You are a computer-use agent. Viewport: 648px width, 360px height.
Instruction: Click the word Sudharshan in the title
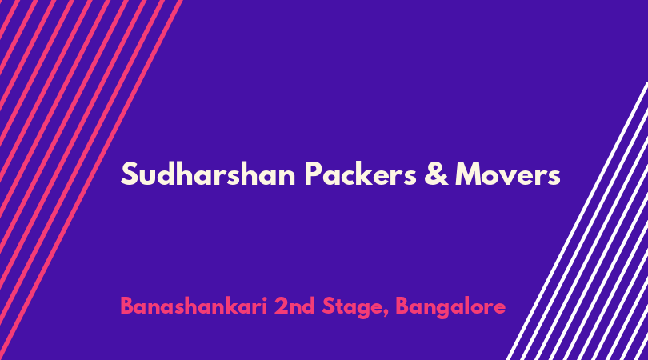click(208, 174)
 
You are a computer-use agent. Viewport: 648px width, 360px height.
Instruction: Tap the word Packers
click(360, 174)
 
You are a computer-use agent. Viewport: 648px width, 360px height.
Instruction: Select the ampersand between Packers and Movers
click(435, 174)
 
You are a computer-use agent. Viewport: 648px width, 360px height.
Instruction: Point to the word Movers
click(507, 174)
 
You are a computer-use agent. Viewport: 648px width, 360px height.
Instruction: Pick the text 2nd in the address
click(294, 306)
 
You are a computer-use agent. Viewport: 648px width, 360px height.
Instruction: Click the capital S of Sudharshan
click(129, 174)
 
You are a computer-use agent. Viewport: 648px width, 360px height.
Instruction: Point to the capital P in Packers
click(313, 174)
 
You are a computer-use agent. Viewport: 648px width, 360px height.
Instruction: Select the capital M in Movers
click(468, 174)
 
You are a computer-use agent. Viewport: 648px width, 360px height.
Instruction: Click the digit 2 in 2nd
click(281, 306)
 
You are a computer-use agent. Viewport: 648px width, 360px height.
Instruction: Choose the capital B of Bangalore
click(402, 306)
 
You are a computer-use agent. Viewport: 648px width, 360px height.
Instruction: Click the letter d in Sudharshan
click(166, 174)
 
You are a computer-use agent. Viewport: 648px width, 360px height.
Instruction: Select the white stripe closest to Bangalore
click(577, 221)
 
